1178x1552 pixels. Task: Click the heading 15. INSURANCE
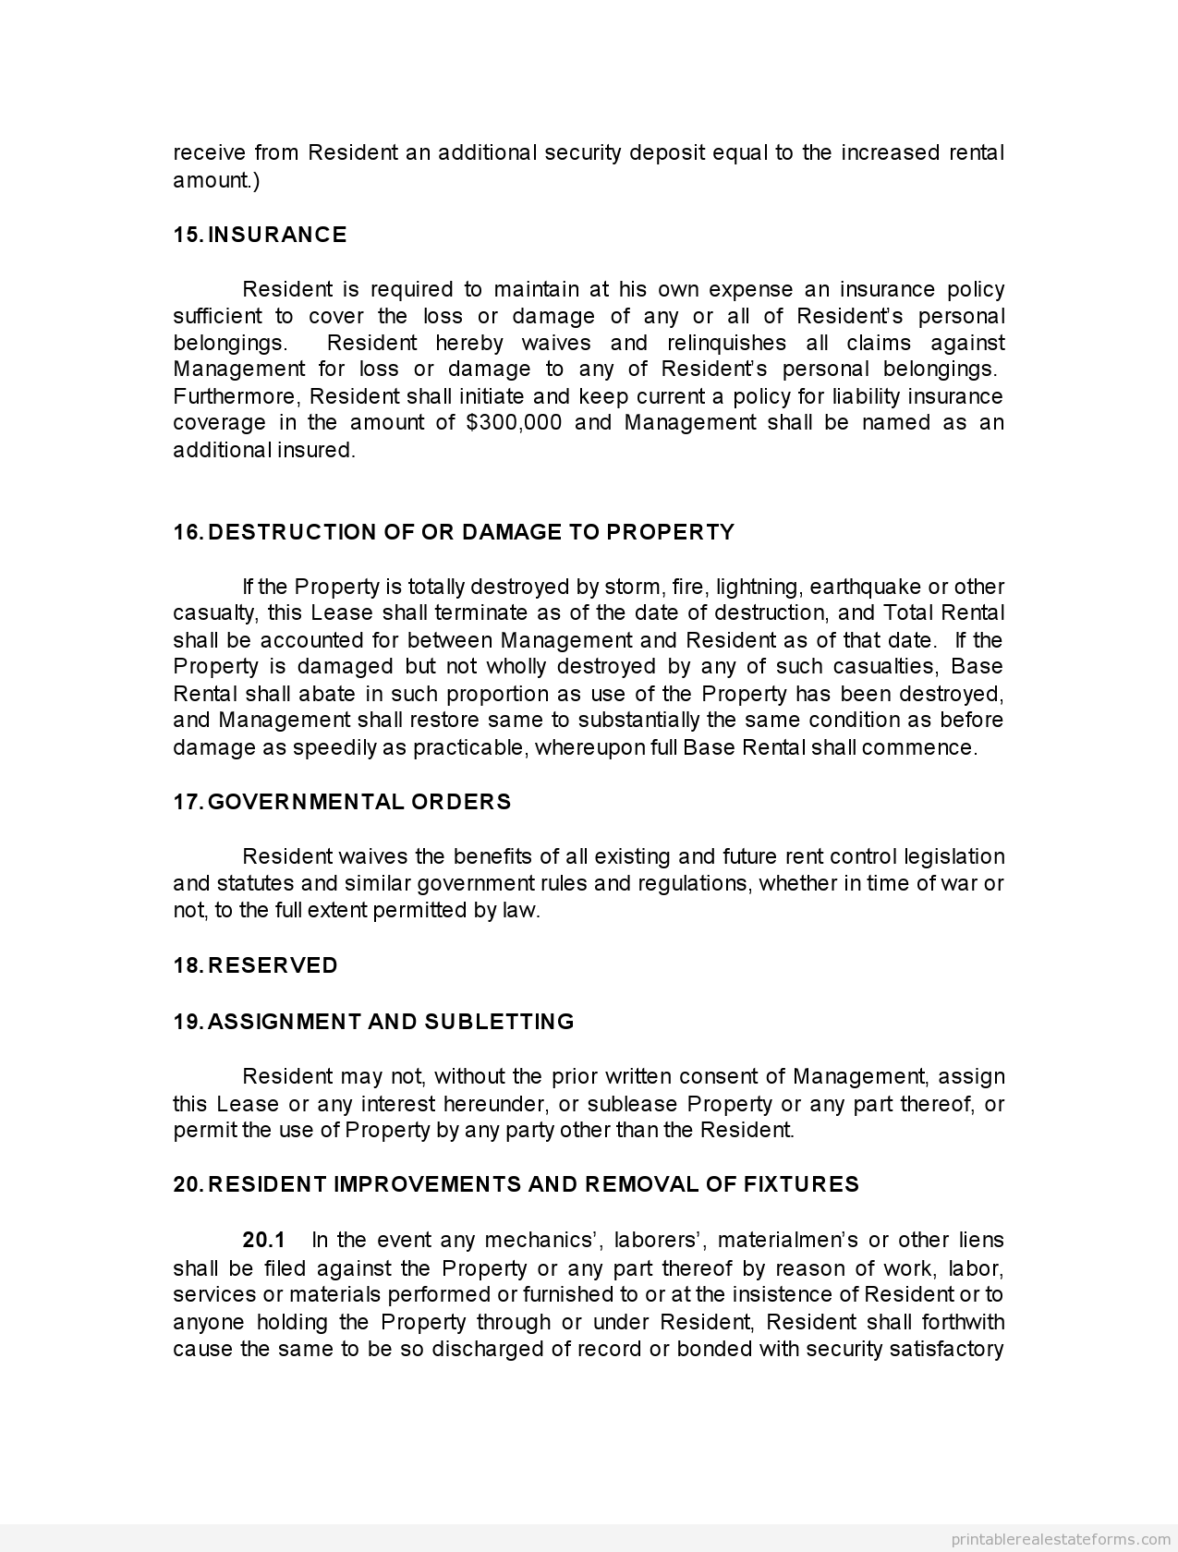pos(260,235)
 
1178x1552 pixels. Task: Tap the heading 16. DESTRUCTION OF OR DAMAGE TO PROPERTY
pos(454,532)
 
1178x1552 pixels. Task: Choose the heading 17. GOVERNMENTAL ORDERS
pos(342,802)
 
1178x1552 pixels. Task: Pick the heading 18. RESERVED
pos(255,965)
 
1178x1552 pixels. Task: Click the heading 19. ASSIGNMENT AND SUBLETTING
pos(373,1022)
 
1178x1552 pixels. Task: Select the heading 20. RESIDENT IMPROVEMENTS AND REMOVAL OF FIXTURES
pos(516,1184)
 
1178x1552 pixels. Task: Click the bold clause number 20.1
pos(264,1240)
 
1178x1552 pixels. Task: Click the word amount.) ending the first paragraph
pos(216,180)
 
